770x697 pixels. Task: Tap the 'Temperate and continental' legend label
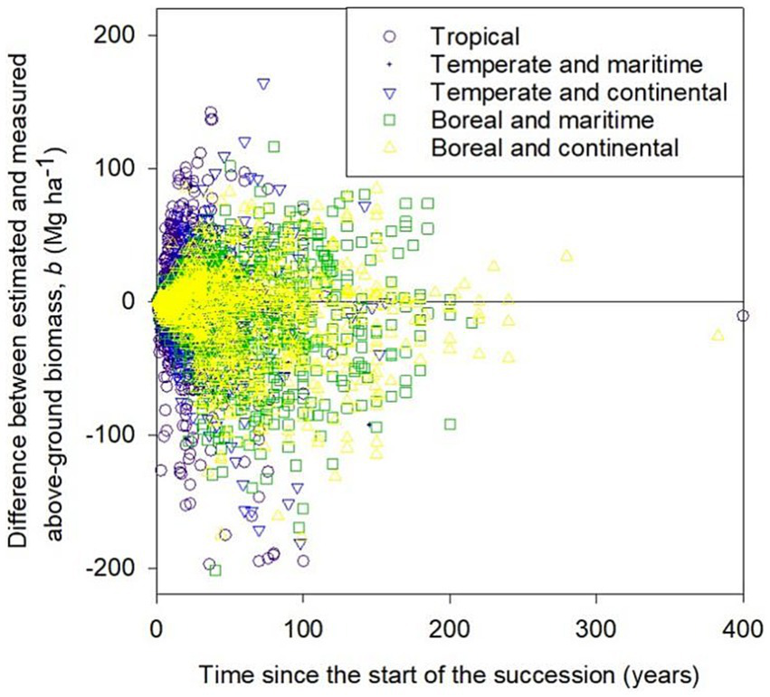pos(580,91)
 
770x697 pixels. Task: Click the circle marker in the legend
pos(390,37)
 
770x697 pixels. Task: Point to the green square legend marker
pos(390,119)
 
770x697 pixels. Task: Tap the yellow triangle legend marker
pos(390,145)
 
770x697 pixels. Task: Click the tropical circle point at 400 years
pos(743,315)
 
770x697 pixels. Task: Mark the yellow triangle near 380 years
pos(718,335)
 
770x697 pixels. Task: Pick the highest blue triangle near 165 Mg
pos(263,83)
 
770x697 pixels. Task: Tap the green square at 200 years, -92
pos(450,424)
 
